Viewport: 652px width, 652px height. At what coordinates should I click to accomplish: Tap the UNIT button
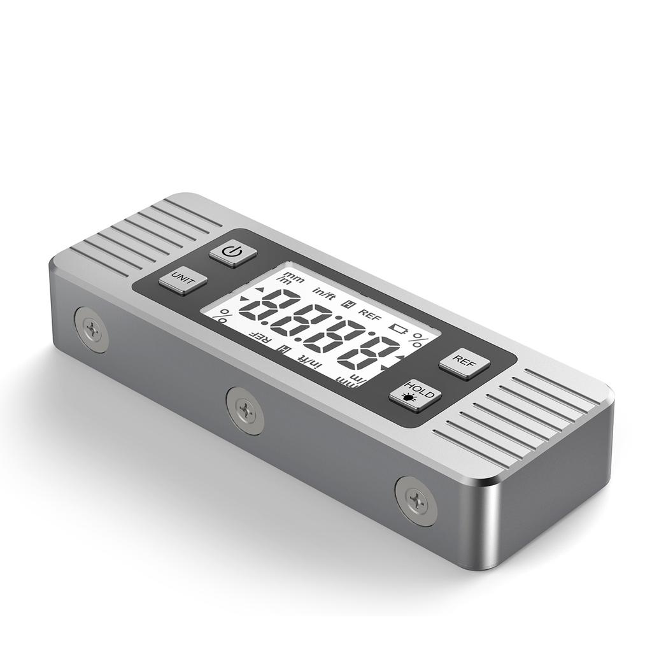coord(183,280)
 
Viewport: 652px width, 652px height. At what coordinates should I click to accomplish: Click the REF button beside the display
coord(464,364)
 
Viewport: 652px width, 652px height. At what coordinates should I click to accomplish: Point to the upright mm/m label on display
coord(294,278)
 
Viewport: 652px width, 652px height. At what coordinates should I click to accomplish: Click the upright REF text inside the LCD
coord(369,313)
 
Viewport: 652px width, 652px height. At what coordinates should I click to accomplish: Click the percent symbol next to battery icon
coord(420,337)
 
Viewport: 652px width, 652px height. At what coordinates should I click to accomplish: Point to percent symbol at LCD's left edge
coord(223,315)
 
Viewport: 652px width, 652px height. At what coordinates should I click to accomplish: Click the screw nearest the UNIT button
coord(92,329)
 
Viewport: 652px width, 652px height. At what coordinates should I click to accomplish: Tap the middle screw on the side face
coord(245,411)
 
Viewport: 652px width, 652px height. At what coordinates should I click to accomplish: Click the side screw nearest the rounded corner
coord(416,501)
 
